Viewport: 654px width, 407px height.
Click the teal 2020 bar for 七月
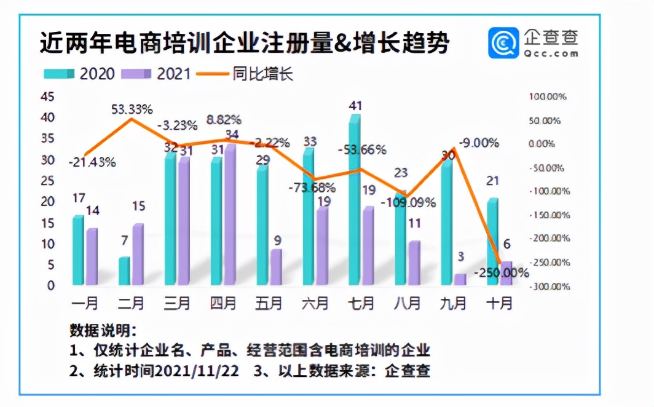354,203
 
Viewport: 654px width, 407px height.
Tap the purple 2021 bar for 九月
460,280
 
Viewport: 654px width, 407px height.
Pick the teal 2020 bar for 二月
124,271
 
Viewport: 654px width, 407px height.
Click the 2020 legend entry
79,74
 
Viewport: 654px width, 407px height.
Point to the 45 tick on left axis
47,97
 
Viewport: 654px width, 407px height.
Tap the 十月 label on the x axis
498,303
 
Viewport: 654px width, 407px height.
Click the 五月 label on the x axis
269,303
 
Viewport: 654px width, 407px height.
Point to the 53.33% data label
132,109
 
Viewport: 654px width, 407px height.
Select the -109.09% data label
408,202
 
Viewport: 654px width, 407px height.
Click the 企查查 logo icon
504,43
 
